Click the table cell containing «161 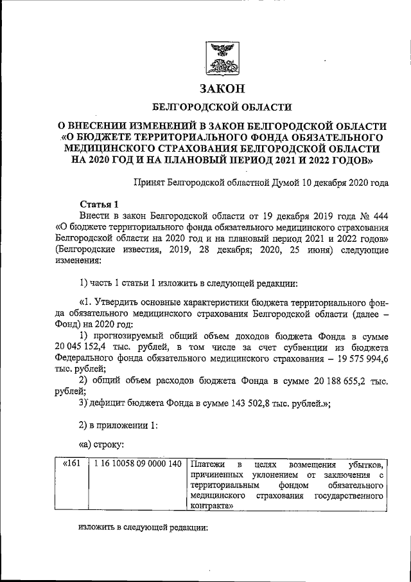click(x=70, y=464)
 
